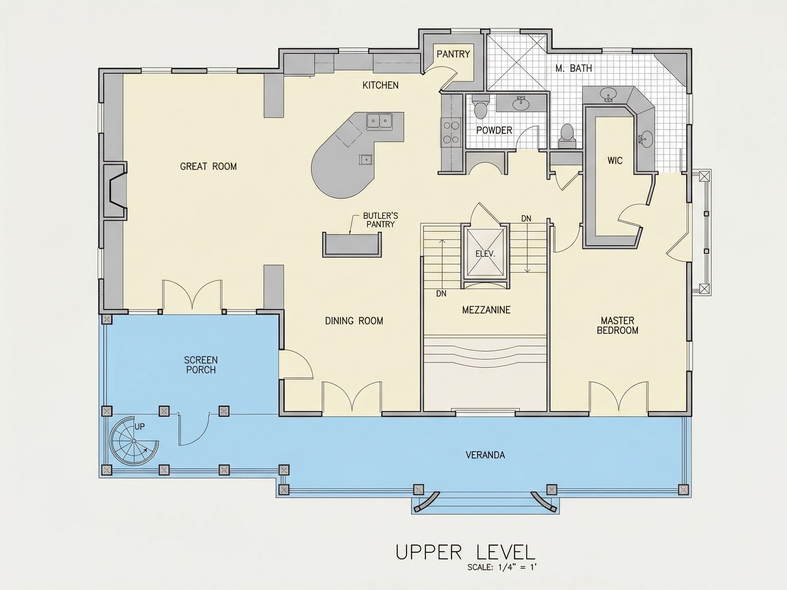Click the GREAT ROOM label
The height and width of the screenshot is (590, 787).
[x=208, y=167]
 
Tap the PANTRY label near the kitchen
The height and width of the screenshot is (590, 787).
[x=453, y=54]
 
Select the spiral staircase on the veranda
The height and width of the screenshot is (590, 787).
[x=134, y=441]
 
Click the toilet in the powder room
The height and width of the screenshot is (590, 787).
[x=481, y=107]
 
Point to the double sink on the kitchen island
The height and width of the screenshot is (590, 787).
[x=380, y=120]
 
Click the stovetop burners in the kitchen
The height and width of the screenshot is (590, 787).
[x=451, y=132]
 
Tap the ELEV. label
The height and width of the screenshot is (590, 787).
[x=485, y=254]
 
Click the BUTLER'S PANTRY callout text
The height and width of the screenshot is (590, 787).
[x=380, y=220]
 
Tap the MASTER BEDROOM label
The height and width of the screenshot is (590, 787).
[x=617, y=326]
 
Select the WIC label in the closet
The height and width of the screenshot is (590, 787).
[x=615, y=161]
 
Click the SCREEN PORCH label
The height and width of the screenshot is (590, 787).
[x=201, y=365]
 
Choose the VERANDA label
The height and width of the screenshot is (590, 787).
[x=485, y=455]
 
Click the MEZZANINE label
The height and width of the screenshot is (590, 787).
[x=486, y=310]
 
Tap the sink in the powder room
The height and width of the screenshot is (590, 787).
[x=521, y=103]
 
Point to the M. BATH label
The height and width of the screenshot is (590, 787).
[x=574, y=68]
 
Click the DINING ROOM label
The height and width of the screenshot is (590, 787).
[x=354, y=321]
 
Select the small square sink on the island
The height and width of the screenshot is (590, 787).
[x=365, y=160]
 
